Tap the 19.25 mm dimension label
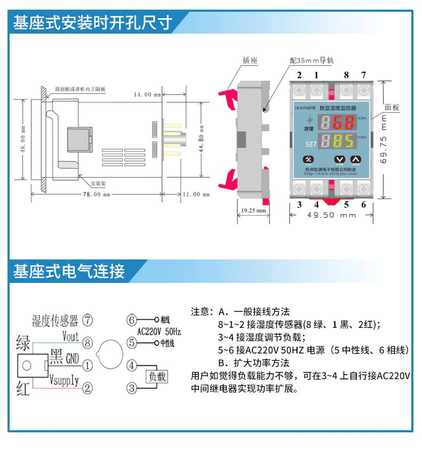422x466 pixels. pos(253,211)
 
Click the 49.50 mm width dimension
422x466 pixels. pos(332,215)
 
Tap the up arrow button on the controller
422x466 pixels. pos(356,159)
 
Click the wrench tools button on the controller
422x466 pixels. pos(309,159)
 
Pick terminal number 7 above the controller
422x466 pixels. pos(363,75)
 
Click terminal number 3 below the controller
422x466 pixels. pos(299,204)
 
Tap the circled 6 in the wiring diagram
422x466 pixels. pos(132,320)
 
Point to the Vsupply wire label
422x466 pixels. pos(64,380)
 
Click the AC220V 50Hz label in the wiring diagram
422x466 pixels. pos(160,331)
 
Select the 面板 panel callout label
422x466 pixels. pos(392,107)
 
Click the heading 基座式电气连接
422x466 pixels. pos(69,271)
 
